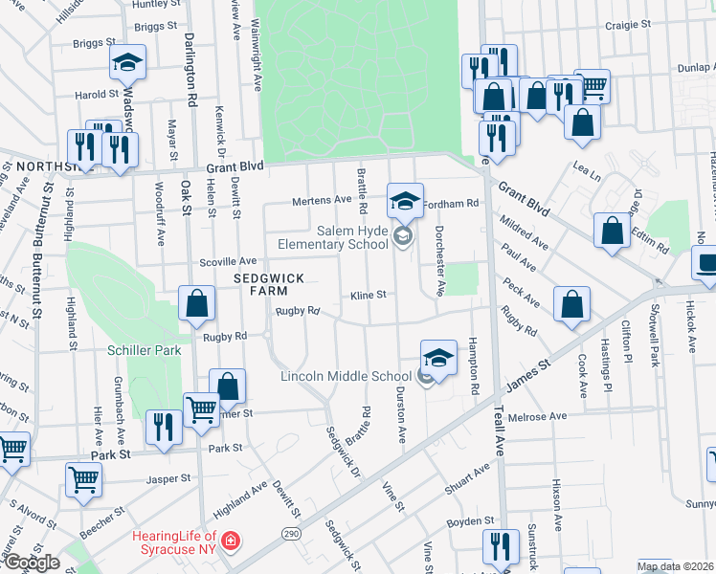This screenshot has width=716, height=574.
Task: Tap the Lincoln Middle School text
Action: point(348,376)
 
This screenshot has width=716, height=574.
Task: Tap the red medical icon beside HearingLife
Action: point(229,542)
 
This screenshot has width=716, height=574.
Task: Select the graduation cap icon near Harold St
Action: point(126,63)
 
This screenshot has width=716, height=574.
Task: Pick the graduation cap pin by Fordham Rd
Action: point(405,201)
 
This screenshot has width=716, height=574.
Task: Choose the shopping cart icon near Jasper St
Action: point(84,481)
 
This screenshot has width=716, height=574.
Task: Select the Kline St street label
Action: point(368,295)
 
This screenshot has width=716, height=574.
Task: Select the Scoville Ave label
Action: point(228,261)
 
